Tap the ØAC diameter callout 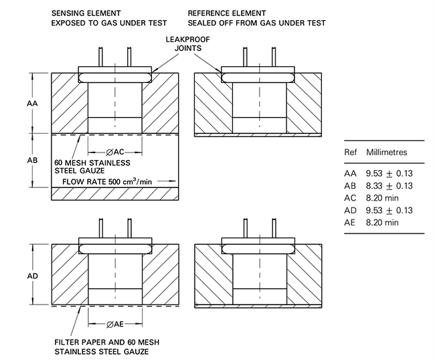[x=114, y=152]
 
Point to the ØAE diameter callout [x=114, y=324]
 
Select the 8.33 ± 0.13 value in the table [x=388, y=186]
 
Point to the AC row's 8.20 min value [x=382, y=198]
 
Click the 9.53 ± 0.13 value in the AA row [x=388, y=173]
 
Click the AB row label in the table [x=351, y=186]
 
